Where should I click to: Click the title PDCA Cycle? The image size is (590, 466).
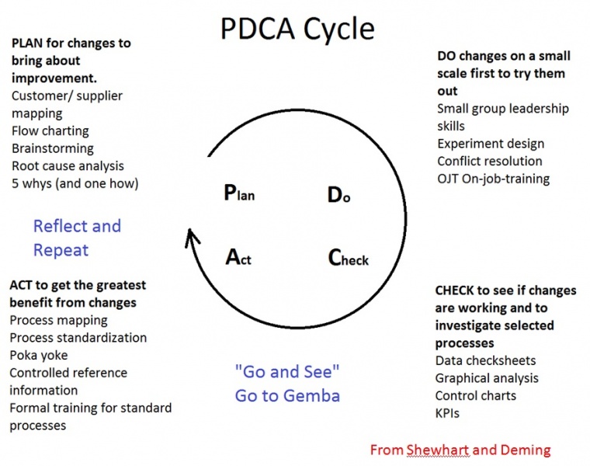pyautogui.click(x=297, y=30)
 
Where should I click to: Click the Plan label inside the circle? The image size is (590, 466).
pyautogui.click(x=239, y=193)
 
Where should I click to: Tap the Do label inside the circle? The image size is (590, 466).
pyautogui.click(x=339, y=195)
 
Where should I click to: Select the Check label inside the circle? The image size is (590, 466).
pyautogui.click(x=349, y=258)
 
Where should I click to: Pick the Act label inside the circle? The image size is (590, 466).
pyautogui.click(x=238, y=258)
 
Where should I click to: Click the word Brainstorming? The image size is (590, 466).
pyautogui.click(x=53, y=148)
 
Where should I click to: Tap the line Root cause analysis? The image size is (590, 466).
pyautogui.click(x=68, y=165)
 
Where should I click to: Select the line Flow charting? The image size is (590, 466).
pyautogui.click(x=50, y=131)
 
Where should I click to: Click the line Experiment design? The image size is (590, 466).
pyautogui.click(x=491, y=144)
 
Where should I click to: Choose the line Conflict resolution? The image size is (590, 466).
pyautogui.click(x=490, y=161)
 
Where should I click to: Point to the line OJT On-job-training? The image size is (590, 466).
pyautogui.click(x=493, y=179)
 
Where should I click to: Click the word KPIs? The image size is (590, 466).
pyautogui.click(x=447, y=413)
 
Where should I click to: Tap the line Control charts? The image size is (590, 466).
pyautogui.click(x=476, y=395)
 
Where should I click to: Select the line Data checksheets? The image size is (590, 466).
pyautogui.click(x=485, y=360)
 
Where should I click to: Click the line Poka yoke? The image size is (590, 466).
pyautogui.click(x=39, y=356)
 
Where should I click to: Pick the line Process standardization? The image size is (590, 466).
pyautogui.click(x=78, y=338)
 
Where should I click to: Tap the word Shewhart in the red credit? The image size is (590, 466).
pyautogui.click(x=439, y=450)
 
